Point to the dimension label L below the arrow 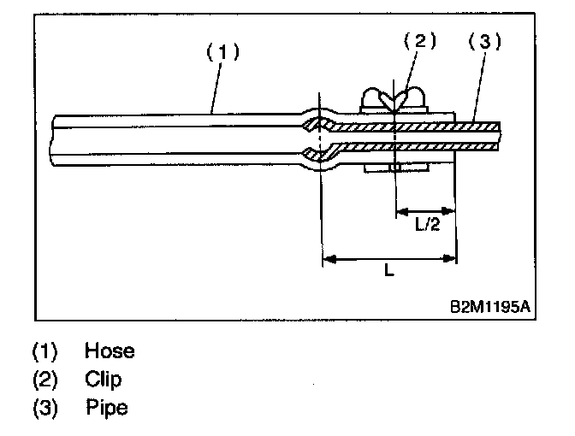pyautogui.click(x=388, y=271)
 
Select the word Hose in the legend pyautogui.click(x=110, y=351)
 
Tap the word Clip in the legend pyautogui.click(x=104, y=379)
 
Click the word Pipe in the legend pyautogui.click(x=106, y=408)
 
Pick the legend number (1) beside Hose pyautogui.click(x=45, y=351)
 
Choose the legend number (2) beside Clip pyautogui.click(x=45, y=379)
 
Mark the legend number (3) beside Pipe pyautogui.click(x=45, y=408)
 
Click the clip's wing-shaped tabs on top pyautogui.click(x=393, y=99)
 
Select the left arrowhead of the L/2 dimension pyautogui.click(x=401, y=210)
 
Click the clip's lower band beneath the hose pyautogui.click(x=393, y=168)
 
